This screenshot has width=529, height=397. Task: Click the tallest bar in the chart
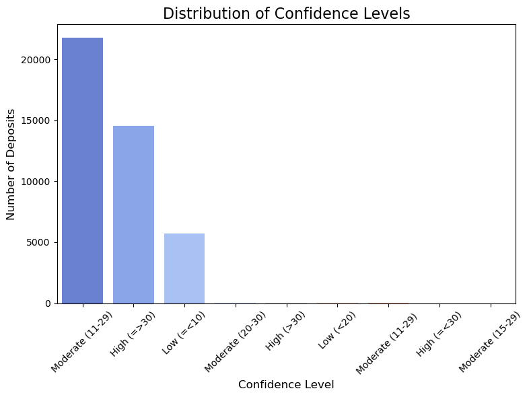(82, 170)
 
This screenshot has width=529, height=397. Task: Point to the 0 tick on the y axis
(48, 303)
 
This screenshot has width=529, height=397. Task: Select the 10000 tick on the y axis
(38, 182)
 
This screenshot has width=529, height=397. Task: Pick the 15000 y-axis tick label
(38, 120)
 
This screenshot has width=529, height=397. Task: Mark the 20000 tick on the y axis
(38, 60)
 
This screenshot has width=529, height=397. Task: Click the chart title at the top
(286, 13)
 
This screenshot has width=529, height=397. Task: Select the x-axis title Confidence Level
(286, 385)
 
